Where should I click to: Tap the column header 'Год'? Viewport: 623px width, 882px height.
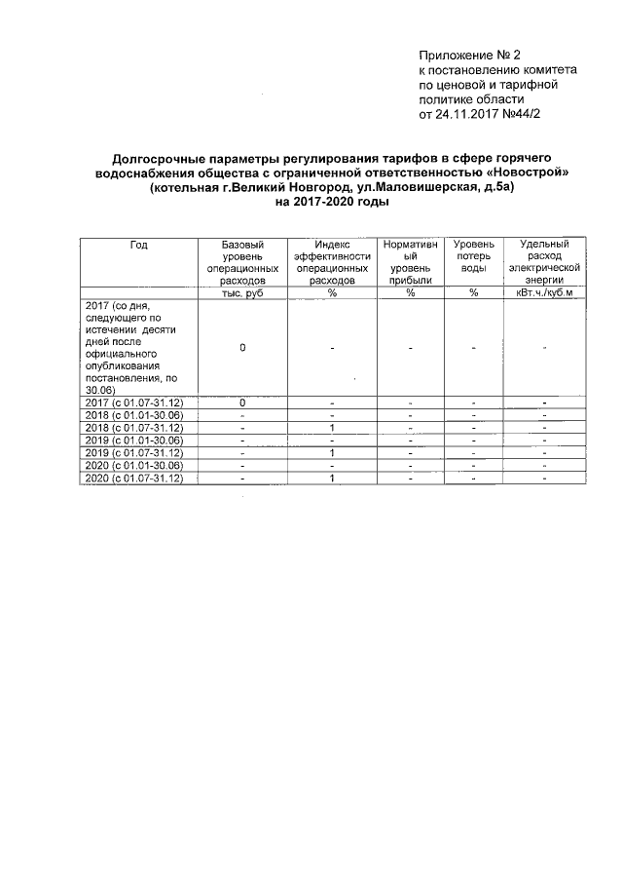(138, 245)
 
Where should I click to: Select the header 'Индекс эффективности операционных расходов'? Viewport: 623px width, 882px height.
(332, 261)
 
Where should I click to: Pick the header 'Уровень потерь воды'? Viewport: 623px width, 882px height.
(473, 255)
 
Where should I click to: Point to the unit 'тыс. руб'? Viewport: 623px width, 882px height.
(241, 292)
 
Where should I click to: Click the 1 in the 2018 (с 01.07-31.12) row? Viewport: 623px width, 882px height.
(332, 428)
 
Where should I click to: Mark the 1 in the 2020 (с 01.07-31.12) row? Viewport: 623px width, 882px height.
(332, 479)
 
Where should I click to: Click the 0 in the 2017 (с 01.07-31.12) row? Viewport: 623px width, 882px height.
(241, 403)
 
